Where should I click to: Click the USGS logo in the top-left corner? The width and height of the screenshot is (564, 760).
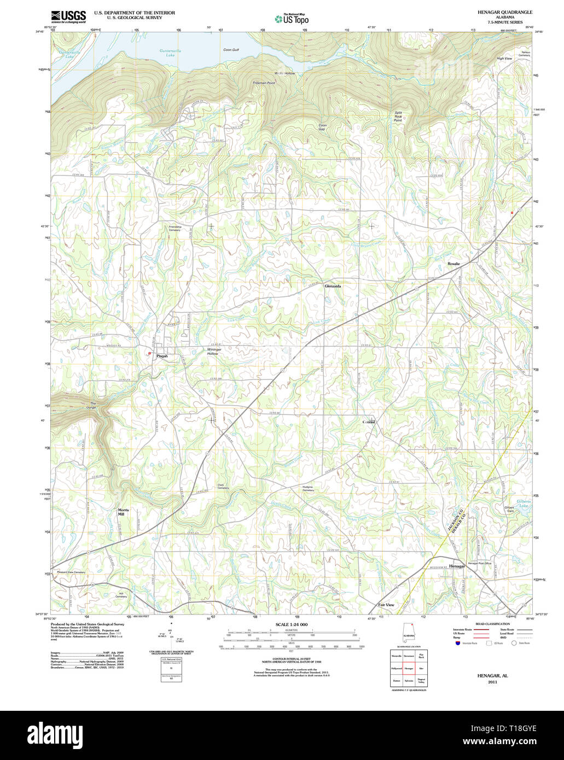point(68,17)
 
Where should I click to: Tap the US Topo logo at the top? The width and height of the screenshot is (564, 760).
point(292,19)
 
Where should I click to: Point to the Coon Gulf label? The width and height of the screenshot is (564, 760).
point(231,50)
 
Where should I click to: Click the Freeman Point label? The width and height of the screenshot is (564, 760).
point(264,83)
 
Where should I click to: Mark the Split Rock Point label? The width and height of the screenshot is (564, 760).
point(398,116)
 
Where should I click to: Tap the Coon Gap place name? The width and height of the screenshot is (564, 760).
point(322,127)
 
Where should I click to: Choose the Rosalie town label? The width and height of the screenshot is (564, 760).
point(453,264)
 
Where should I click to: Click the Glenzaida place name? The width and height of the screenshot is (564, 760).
point(333,286)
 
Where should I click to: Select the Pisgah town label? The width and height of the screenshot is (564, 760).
point(162,356)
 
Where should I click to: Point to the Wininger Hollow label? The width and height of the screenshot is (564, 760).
point(214,352)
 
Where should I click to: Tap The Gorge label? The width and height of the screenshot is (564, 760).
point(93,406)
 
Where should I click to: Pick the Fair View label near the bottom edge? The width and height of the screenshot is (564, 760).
point(386,605)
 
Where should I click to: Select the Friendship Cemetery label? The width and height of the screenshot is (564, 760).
point(175,228)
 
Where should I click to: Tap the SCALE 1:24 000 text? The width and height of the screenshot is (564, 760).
point(291,624)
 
